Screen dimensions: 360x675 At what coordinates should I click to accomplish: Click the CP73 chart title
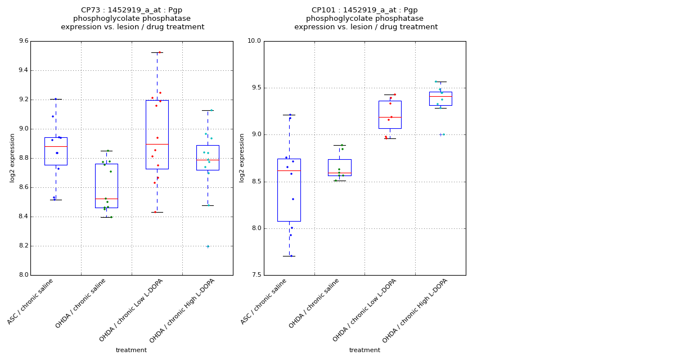(133, 19)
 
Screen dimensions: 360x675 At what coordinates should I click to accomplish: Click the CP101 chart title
(366, 19)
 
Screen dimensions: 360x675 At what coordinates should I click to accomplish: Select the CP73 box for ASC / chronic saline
(56, 151)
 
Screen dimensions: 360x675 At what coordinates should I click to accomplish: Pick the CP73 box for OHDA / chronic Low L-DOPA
(157, 134)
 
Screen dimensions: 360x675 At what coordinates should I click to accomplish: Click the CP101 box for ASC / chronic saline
(289, 190)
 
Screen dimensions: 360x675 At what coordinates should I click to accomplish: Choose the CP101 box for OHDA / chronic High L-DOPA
(440, 98)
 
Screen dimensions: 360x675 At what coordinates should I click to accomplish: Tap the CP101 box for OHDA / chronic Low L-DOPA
(390, 115)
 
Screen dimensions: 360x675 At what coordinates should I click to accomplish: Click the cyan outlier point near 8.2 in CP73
(208, 246)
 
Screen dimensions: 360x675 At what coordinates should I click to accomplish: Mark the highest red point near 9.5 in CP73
(160, 52)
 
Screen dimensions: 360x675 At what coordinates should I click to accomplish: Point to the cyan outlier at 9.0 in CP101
(444, 134)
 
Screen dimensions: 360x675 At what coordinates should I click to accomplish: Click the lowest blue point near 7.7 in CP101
(291, 256)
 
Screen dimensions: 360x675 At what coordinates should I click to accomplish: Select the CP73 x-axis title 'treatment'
(131, 350)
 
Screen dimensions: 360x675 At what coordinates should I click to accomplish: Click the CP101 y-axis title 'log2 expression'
(242, 157)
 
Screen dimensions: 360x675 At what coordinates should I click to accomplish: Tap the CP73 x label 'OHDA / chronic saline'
(81, 304)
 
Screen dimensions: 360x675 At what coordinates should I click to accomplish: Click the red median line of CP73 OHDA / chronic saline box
(106, 199)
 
